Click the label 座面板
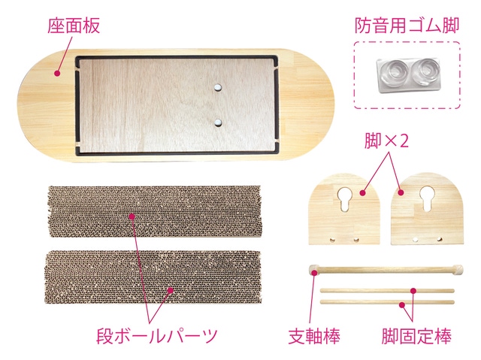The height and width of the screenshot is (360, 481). click(74, 26)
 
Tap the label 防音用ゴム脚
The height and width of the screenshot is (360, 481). click(407, 25)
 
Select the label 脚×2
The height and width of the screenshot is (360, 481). click(386, 141)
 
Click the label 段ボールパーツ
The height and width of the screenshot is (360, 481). click(157, 336)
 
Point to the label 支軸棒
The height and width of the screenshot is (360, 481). click(314, 336)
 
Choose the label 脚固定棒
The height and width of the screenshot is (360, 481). click(416, 336)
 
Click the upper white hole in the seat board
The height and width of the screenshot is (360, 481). click(217, 87)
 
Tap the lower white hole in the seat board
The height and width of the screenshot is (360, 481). click(217, 123)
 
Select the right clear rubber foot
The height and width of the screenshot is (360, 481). click(426, 71)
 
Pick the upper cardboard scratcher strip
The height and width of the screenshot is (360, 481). click(155, 211)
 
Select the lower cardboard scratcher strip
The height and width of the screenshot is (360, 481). click(153, 277)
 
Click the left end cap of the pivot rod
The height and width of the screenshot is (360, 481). click(314, 270)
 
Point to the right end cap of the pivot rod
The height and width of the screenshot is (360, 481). click(458, 269)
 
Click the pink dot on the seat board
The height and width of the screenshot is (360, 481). click(56, 74)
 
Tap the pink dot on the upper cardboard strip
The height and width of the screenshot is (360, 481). click(132, 216)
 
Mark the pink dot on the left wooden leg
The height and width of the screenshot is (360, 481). click(362, 193)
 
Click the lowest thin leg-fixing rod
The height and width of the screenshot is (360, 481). click(387, 302)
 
